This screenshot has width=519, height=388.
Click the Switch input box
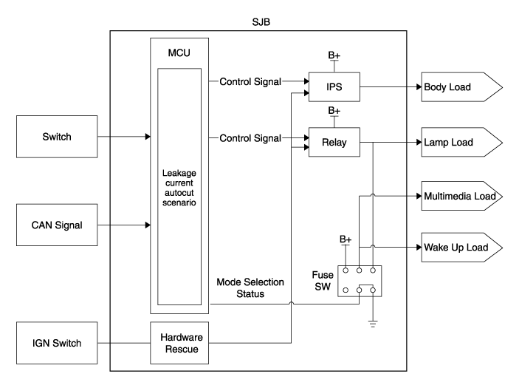57,137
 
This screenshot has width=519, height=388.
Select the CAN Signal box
57,225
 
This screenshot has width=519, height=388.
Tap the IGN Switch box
57,343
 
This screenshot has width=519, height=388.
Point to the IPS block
334,87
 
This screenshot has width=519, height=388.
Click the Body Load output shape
458,88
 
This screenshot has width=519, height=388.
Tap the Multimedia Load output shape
458,197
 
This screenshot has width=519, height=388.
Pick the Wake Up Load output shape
458,247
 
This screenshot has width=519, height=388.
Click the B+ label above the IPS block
334,54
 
